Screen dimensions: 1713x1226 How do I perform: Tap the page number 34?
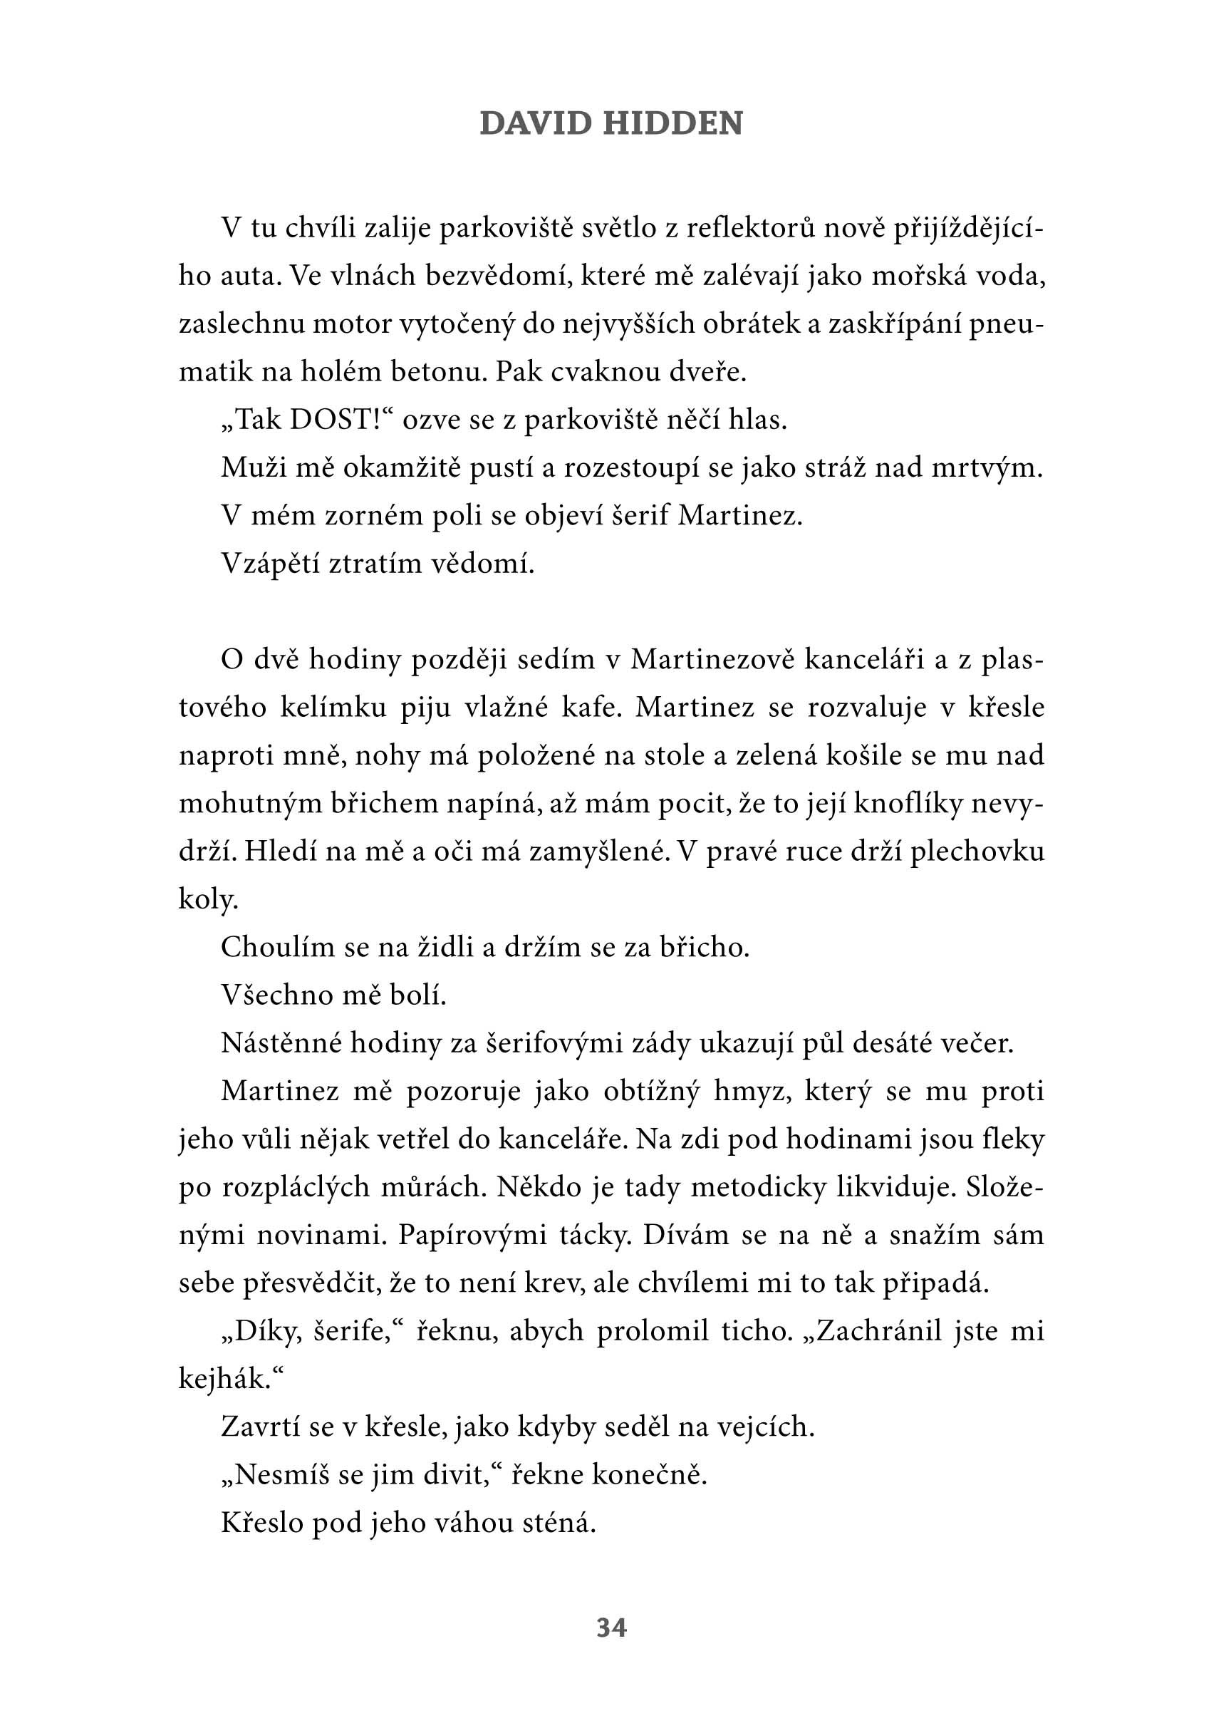[x=611, y=1628]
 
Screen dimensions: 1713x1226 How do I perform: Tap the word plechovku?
[x=977, y=852]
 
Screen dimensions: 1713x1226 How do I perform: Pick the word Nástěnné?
[x=281, y=1043]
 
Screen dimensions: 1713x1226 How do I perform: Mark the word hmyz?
[x=752, y=1092]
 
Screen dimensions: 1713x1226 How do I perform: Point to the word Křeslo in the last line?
[x=261, y=1523]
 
